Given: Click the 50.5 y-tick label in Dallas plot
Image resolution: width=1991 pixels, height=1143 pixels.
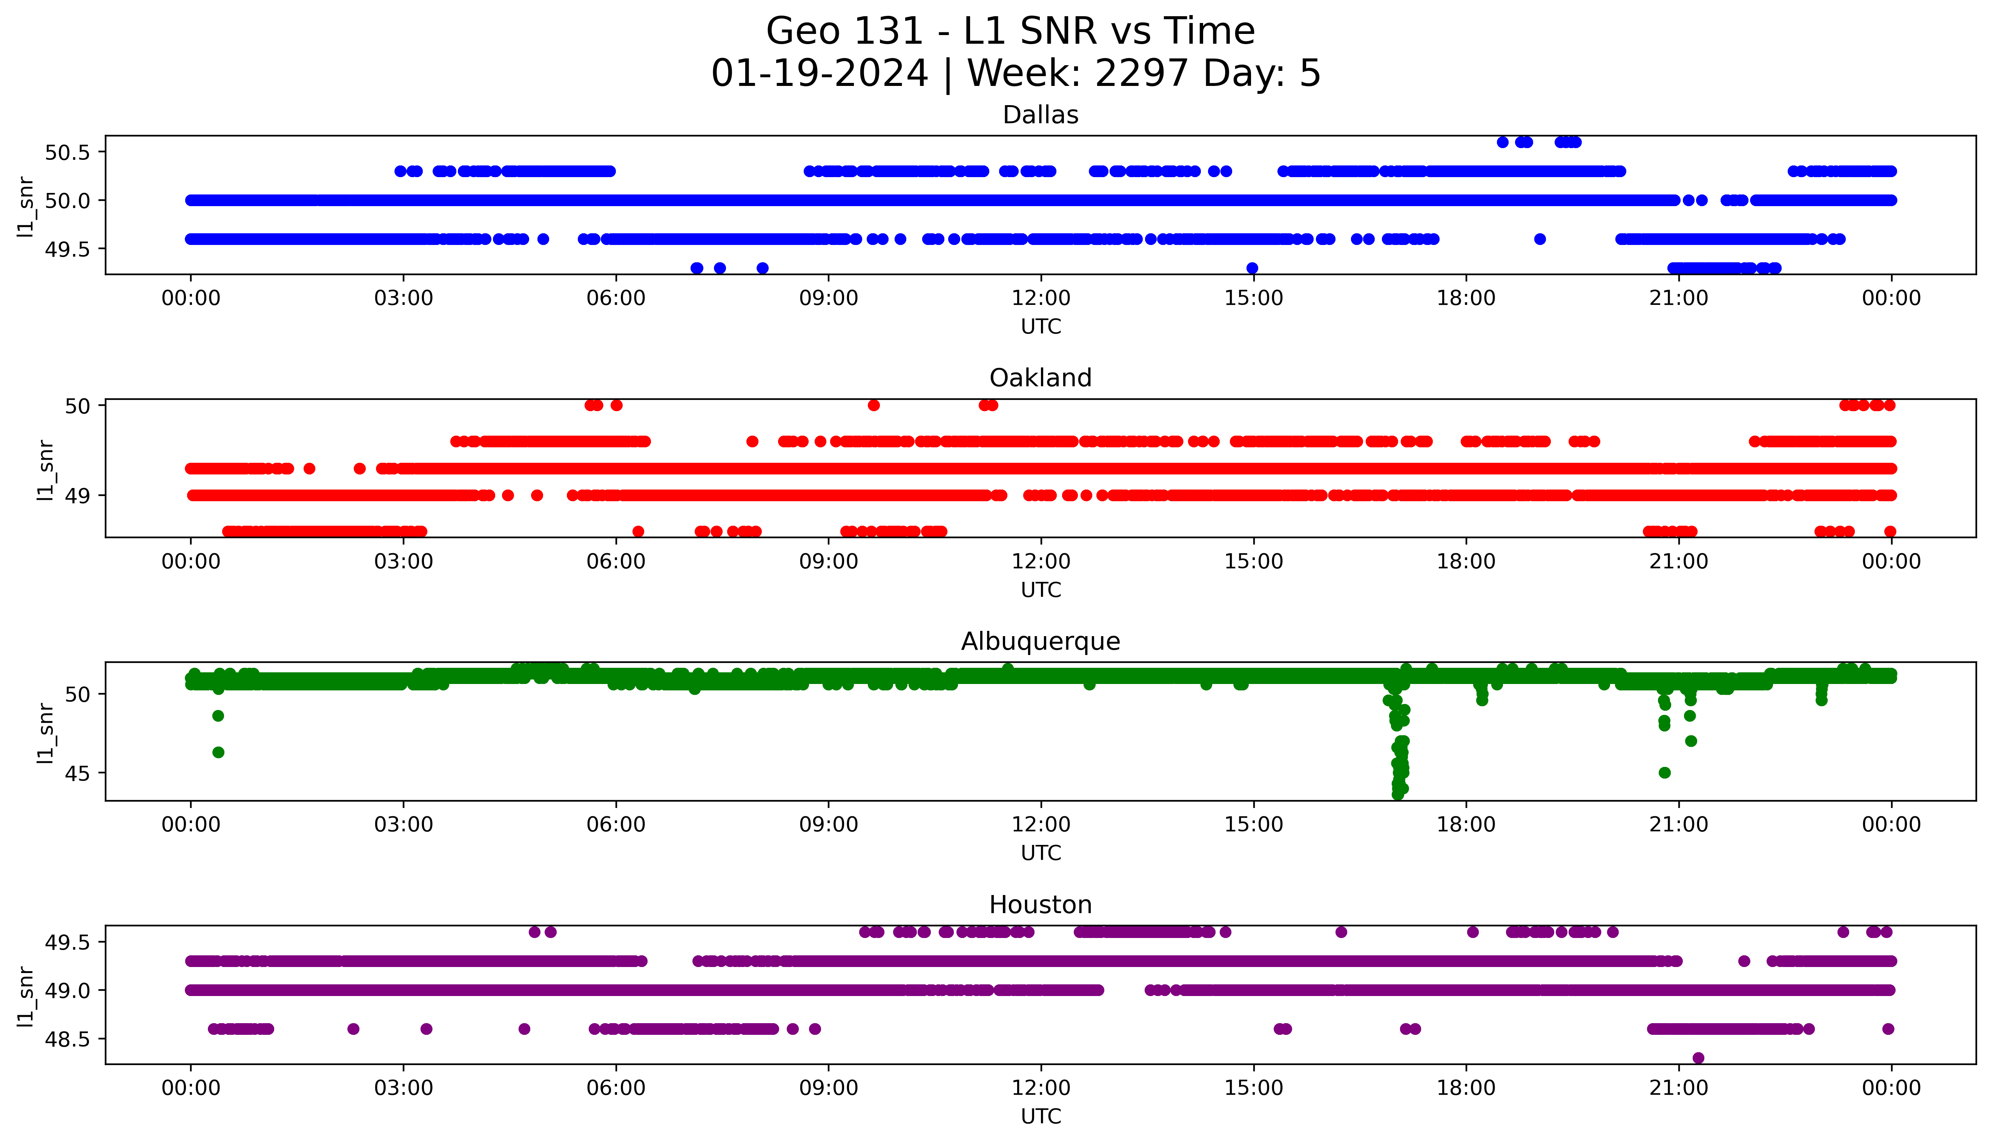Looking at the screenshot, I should click(x=68, y=152).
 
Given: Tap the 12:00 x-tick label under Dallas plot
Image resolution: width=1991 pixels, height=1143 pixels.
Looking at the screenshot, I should click(x=1041, y=298).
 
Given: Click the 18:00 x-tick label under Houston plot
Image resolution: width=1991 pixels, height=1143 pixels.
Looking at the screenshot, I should click(x=1466, y=1088).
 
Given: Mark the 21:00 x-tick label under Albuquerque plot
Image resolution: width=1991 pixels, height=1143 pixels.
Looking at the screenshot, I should click(x=1678, y=824).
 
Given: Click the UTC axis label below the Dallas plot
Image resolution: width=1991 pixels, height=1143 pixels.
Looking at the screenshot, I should click(x=1041, y=327).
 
